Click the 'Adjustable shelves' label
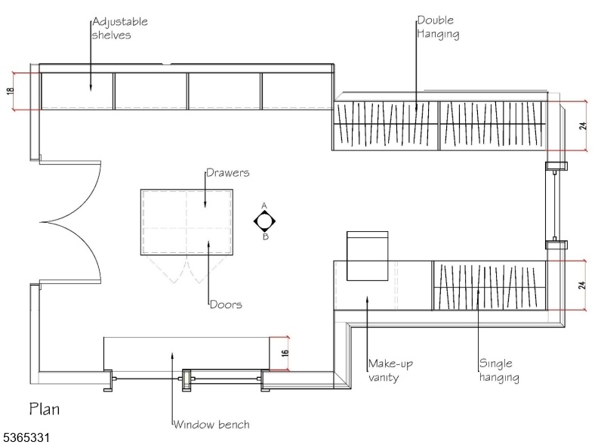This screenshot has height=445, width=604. tap(119, 27)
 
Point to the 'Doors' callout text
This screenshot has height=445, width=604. tap(226, 305)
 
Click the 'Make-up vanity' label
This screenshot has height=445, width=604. tap(391, 370)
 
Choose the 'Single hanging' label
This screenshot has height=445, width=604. tap(498, 370)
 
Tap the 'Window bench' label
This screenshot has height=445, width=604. tap(211, 425)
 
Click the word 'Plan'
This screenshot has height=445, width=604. tap(45, 409)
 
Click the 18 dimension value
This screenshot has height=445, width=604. tap(10, 91)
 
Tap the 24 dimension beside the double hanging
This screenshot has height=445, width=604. tap(584, 125)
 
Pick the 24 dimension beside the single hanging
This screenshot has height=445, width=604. tap(584, 286)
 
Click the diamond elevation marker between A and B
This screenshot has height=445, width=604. tap(265, 221)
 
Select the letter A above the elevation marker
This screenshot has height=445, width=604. tap(265, 206)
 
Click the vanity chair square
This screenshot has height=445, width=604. tap(367, 256)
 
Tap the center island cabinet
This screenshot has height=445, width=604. tap(186, 223)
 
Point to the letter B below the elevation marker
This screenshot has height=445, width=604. tap(265, 236)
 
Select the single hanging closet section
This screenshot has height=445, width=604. tap(488, 286)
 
